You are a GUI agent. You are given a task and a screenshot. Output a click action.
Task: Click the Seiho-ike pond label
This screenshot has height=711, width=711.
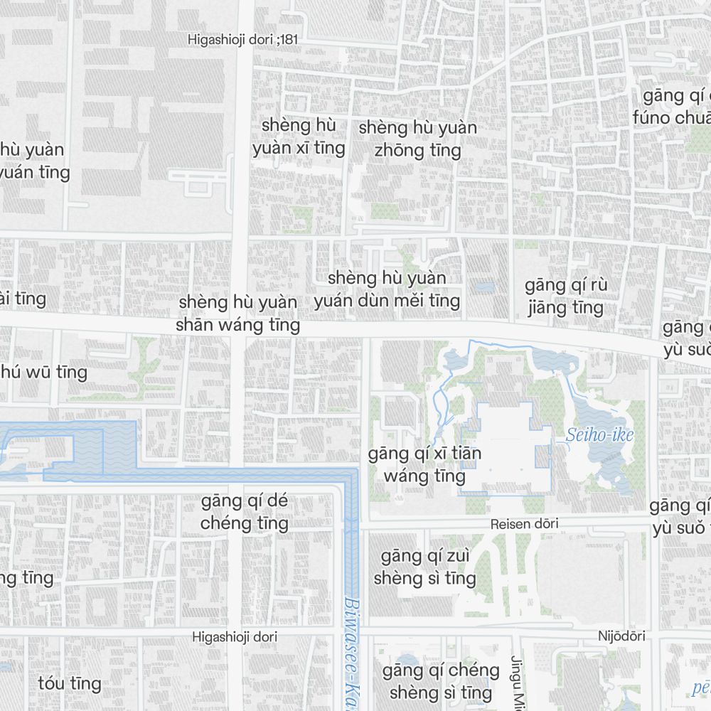pos(599,434)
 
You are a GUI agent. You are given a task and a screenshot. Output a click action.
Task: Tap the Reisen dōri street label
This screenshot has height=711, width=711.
pos(524,524)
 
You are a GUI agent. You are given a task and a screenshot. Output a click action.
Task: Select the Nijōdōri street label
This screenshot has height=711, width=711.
pos(621,636)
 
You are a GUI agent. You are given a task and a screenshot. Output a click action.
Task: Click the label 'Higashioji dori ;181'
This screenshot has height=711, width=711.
pos(243,40)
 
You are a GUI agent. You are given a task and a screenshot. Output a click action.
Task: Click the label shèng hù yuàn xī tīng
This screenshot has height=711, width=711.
pos(299,137)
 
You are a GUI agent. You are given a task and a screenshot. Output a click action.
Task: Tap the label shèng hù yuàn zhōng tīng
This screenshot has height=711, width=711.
pos(418,139)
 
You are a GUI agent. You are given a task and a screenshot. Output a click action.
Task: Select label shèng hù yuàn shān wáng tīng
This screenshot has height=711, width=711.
pos(238,314)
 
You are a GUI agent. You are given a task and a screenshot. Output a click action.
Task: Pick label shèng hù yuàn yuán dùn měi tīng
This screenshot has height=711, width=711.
pos(387,289)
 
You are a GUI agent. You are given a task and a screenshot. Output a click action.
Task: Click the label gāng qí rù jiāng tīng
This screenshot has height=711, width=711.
pos(567,296)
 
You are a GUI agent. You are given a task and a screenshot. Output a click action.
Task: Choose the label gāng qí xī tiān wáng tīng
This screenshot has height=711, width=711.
pos(424,464)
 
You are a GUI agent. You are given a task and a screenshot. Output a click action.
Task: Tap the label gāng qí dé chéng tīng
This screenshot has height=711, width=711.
pos(245,512)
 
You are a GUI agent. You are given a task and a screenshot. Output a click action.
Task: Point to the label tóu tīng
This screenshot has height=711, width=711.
pos(70,683)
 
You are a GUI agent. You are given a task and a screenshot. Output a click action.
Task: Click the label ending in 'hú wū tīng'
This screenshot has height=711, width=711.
pos(44,372)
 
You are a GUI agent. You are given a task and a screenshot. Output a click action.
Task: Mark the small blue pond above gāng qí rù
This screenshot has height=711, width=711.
pos(484,287)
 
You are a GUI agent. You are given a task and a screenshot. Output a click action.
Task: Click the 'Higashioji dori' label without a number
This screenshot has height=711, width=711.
pos(235,637)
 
